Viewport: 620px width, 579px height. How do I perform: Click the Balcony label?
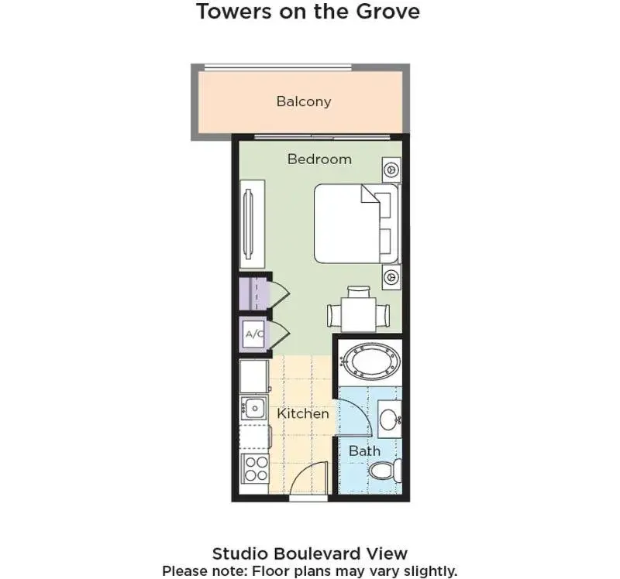pos(304,101)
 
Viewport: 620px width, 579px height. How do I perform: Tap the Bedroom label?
pos(319,159)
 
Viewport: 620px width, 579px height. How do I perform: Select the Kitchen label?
pos(303,413)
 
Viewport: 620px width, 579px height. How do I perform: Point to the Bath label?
pos(364,451)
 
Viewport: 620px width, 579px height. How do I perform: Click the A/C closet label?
pos(254,334)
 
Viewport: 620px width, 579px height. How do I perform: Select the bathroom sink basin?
pos(390,419)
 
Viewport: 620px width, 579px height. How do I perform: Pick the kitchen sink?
pos(254,408)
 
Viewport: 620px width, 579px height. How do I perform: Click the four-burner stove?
pos(257,468)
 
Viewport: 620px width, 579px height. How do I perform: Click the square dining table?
pos(359,314)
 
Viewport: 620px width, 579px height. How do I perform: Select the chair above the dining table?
pos(359,292)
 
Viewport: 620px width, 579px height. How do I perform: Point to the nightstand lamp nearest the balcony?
pos(392,170)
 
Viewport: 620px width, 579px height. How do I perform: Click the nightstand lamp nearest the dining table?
pos(392,277)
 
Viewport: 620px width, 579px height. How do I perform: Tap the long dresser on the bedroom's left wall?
pos(253,224)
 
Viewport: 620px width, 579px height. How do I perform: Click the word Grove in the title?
pos(388,11)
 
